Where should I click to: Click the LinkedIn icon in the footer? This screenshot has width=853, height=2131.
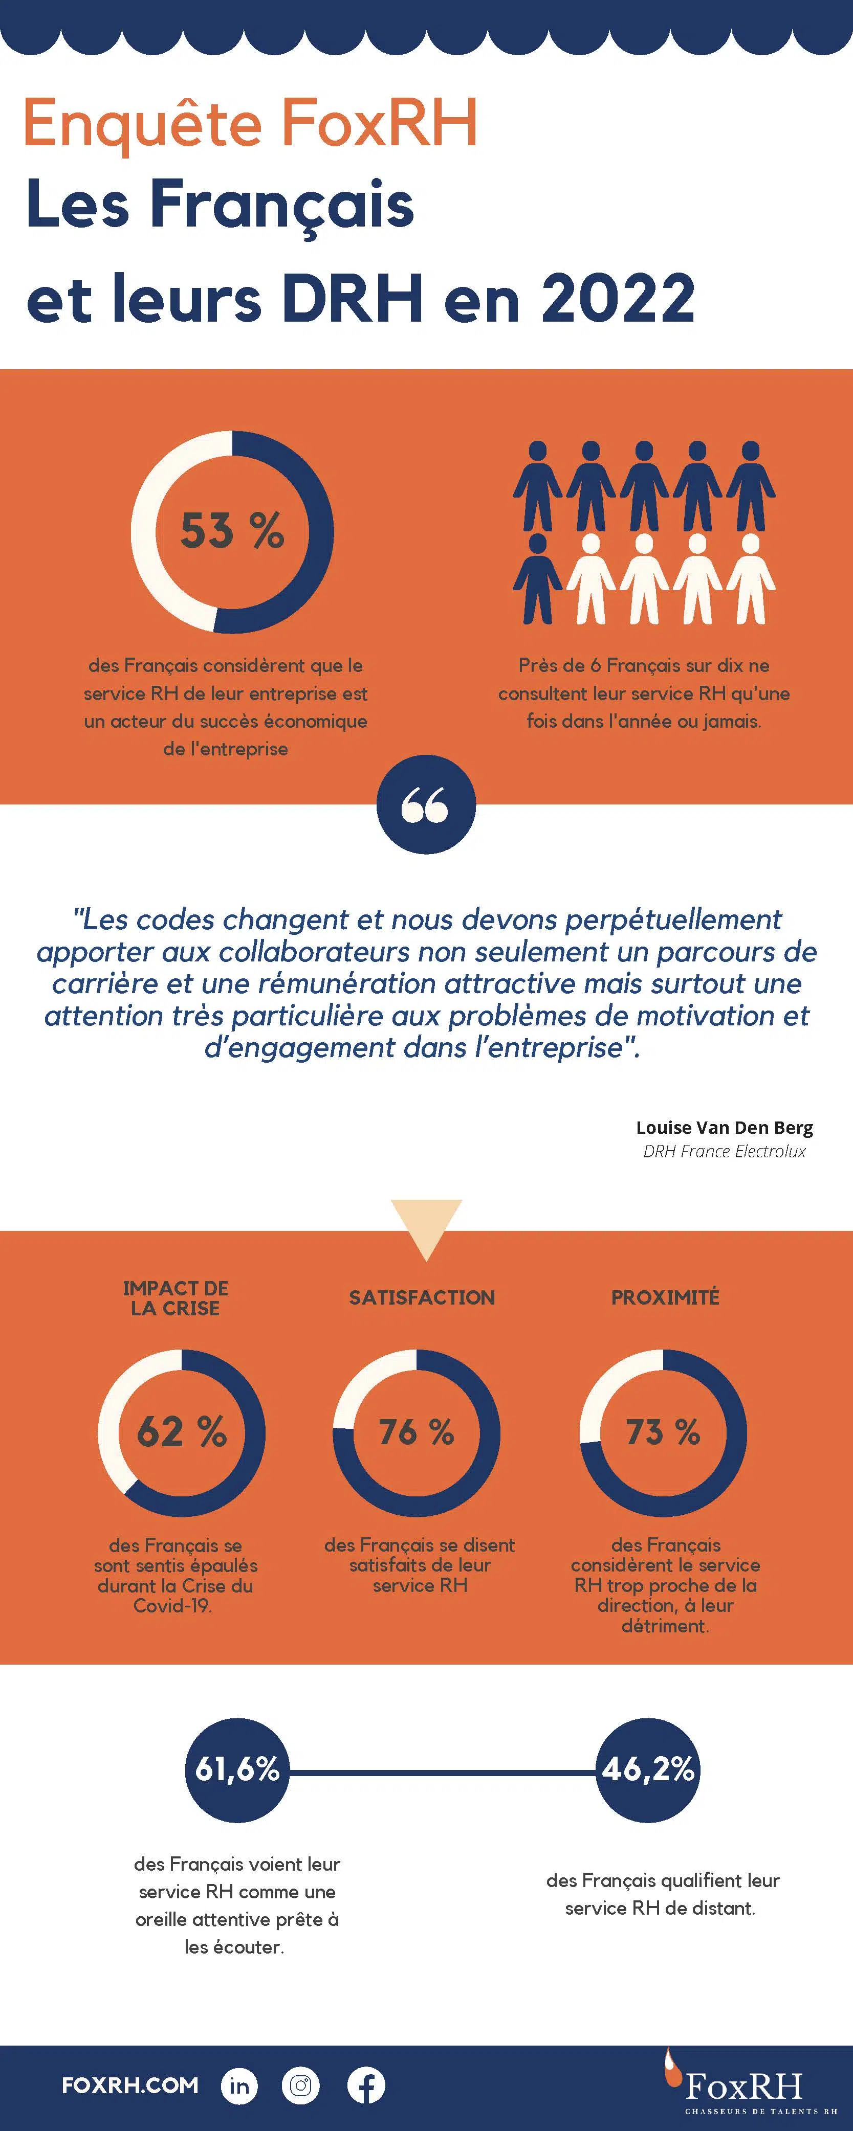pyautogui.click(x=239, y=2085)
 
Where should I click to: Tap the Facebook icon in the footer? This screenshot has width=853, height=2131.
pyautogui.click(x=366, y=2085)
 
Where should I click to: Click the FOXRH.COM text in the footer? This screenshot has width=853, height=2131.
pyautogui.click(x=130, y=2085)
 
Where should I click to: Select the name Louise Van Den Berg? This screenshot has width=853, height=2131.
pyautogui.click(x=724, y=1128)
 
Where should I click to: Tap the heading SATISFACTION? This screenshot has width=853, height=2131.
pyautogui.click(x=422, y=1297)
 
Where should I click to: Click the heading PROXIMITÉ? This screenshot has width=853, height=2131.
pyautogui.click(x=665, y=1297)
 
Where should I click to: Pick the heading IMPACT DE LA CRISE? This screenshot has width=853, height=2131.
pyautogui.click(x=176, y=1298)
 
